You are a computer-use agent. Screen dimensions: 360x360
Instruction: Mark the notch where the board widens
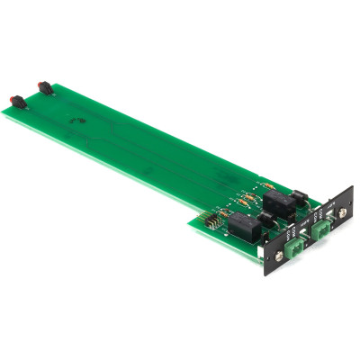pyautogui.click(x=189, y=220)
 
